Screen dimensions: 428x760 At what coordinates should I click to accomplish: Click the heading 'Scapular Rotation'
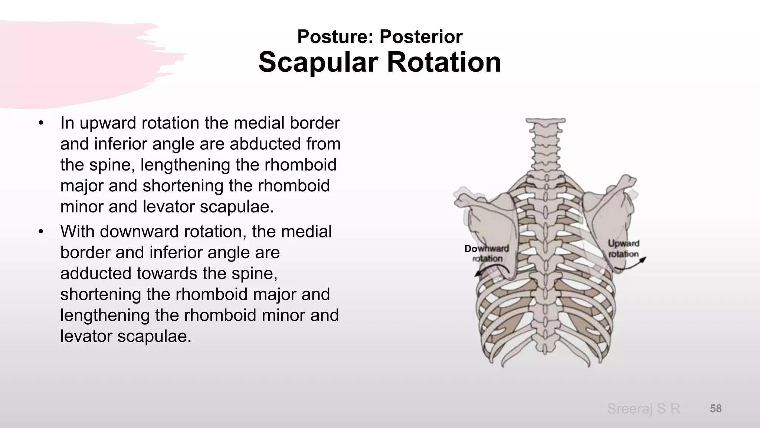pos(380,62)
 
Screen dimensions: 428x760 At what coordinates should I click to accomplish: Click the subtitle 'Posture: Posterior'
pos(380,36)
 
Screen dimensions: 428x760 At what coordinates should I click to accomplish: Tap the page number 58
pos(715,408)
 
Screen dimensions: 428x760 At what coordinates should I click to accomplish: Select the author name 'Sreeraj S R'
pos(643,409)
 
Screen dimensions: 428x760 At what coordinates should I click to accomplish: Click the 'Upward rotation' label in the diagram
pos(623,249)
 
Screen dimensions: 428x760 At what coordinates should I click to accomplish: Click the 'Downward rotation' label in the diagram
pos(487,253)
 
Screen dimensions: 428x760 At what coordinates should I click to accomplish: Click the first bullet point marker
pos(41,123)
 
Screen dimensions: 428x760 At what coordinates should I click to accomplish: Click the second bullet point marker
pos(41,231)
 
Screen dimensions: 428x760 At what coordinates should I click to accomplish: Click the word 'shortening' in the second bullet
pos(100,294)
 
